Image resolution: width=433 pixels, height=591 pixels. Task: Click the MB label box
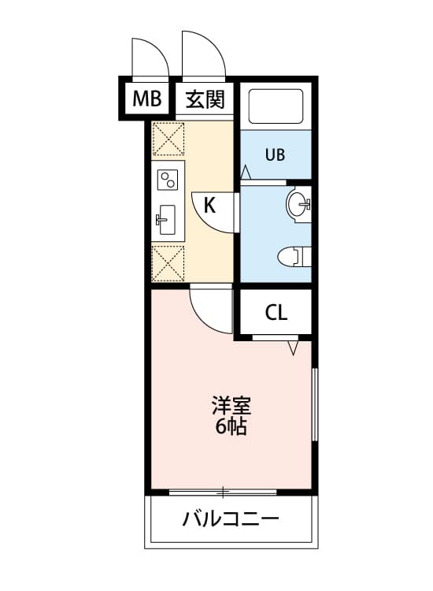(x=146, y=98)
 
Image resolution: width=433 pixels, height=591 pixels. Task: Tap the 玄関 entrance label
(x=205, y=99)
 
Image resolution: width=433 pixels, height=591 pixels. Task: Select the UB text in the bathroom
(x=275, y=154)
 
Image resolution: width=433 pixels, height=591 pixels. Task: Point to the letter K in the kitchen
(x=209, y=206)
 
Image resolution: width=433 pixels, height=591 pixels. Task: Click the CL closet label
(x=276, y=313)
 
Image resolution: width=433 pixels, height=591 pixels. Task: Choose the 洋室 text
(x=230, y=407)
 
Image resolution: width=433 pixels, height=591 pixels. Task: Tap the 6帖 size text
(x=230, y=428)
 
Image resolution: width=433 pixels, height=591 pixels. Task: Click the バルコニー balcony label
(x=231, y=520)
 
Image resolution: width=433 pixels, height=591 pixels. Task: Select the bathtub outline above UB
(x=276, y=106)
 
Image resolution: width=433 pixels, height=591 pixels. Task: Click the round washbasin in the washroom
(x=298, y=205)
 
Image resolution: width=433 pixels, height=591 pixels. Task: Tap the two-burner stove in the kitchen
(x=168, y=180)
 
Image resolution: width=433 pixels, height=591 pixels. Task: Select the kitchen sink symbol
(x=167, y=219)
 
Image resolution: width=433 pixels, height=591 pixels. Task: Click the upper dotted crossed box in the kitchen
(x=168, y=139)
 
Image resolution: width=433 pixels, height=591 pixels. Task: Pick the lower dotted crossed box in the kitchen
(x=168, y=262)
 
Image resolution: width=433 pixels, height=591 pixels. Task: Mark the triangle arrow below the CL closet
(x=294, y=348)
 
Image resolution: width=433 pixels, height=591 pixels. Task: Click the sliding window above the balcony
(x=224, y=492)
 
